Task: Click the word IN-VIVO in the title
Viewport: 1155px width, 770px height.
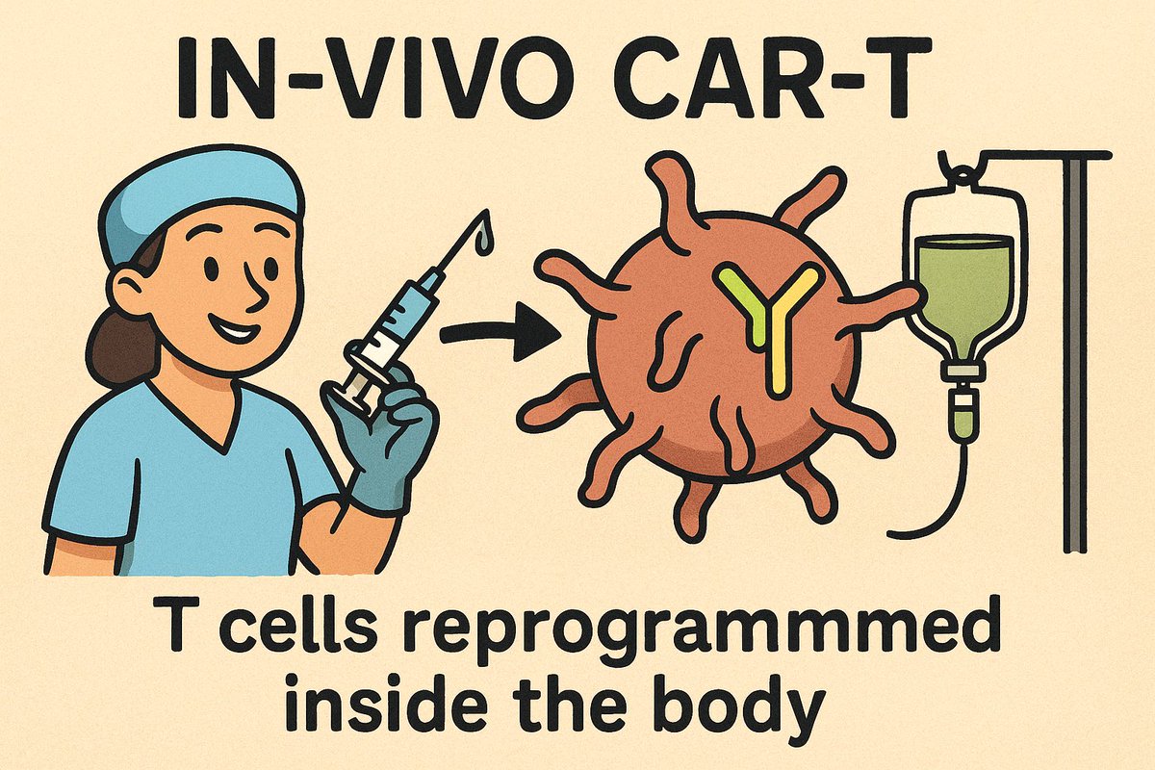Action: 374,77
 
